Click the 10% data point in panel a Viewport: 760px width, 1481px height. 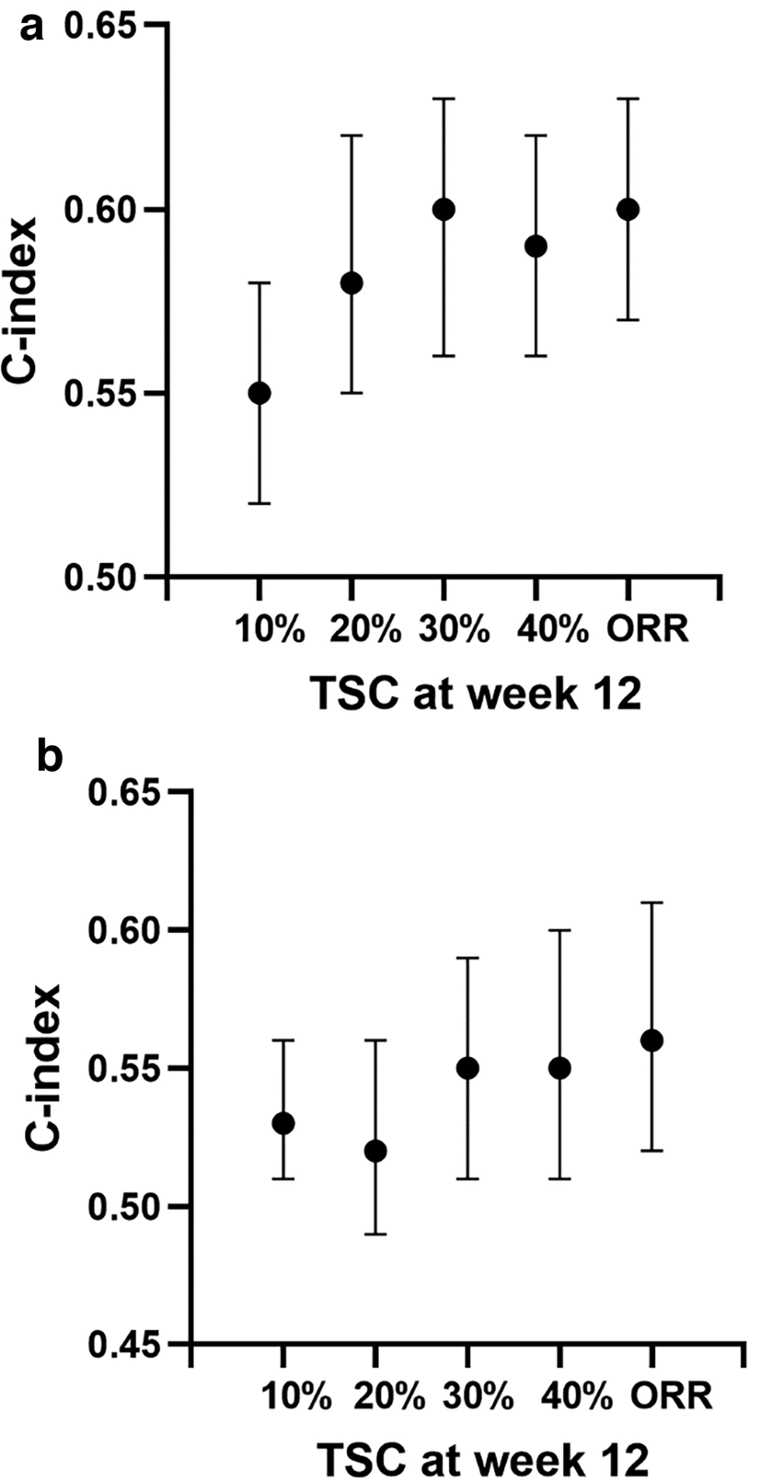259,393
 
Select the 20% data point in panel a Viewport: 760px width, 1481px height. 351,282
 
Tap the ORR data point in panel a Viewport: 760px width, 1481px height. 628,209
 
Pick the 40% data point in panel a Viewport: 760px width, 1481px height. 535,246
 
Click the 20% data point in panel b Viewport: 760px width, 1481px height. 375,1151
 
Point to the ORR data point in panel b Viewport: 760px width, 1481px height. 651,1040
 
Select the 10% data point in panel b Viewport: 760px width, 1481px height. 283,1123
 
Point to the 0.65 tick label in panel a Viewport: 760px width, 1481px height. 99,26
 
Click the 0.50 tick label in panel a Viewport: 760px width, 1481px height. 99,577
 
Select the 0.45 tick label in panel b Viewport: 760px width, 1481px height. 123,1344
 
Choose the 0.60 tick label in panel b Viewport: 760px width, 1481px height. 123,930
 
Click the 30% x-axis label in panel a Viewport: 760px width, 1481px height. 452,630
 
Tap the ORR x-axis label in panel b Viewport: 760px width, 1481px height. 672,1396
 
